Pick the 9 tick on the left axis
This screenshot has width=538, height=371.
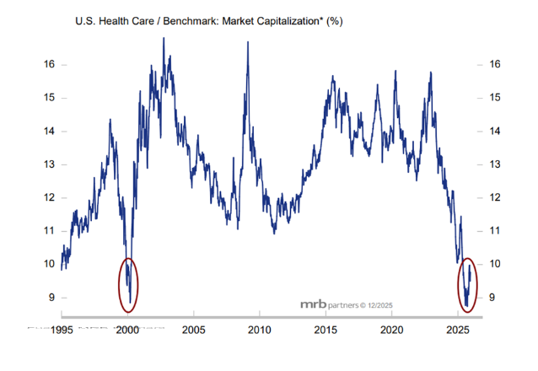pyautogui.click(x=52, y=297)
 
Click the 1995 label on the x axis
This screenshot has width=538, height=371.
pyautogui.click(x=62, y=330)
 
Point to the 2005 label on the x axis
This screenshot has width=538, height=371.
pyautogui.click(x=194, y=330)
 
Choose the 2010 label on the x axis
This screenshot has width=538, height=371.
pyautogui.click(x=260, y=330)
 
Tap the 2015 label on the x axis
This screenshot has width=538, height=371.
pyautogui.click(x=325, y=330)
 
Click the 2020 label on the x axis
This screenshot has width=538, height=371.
pyautogui.click(x=391, y=330)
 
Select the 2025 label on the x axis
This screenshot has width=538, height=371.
pyautogui.click(x=457, y=330)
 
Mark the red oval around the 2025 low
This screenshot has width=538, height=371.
pyautogui.click(x=469, y=285)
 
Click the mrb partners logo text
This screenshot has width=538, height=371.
pyautogui.click(x=330, y=304)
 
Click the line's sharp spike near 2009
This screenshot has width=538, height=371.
pyautogui.click(x=248, y=44)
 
